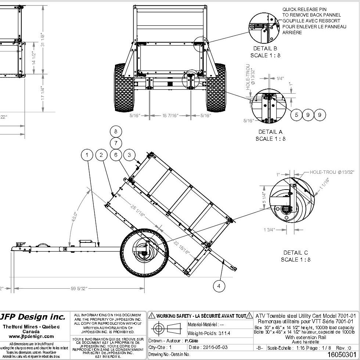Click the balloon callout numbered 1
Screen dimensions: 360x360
87,155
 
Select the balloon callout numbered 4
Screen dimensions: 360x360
219,286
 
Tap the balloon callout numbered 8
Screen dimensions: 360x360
116,131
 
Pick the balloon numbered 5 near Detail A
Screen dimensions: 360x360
296,115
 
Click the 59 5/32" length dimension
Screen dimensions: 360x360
79,289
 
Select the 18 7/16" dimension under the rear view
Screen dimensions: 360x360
170,116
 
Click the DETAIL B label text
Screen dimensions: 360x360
265,48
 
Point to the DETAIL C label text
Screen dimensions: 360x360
296,253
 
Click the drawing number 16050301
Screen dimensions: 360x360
341,354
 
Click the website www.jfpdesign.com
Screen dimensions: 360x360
34,336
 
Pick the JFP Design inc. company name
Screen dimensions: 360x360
34,317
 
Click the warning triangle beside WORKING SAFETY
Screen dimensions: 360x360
152,316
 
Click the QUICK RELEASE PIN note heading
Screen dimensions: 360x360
304,9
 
